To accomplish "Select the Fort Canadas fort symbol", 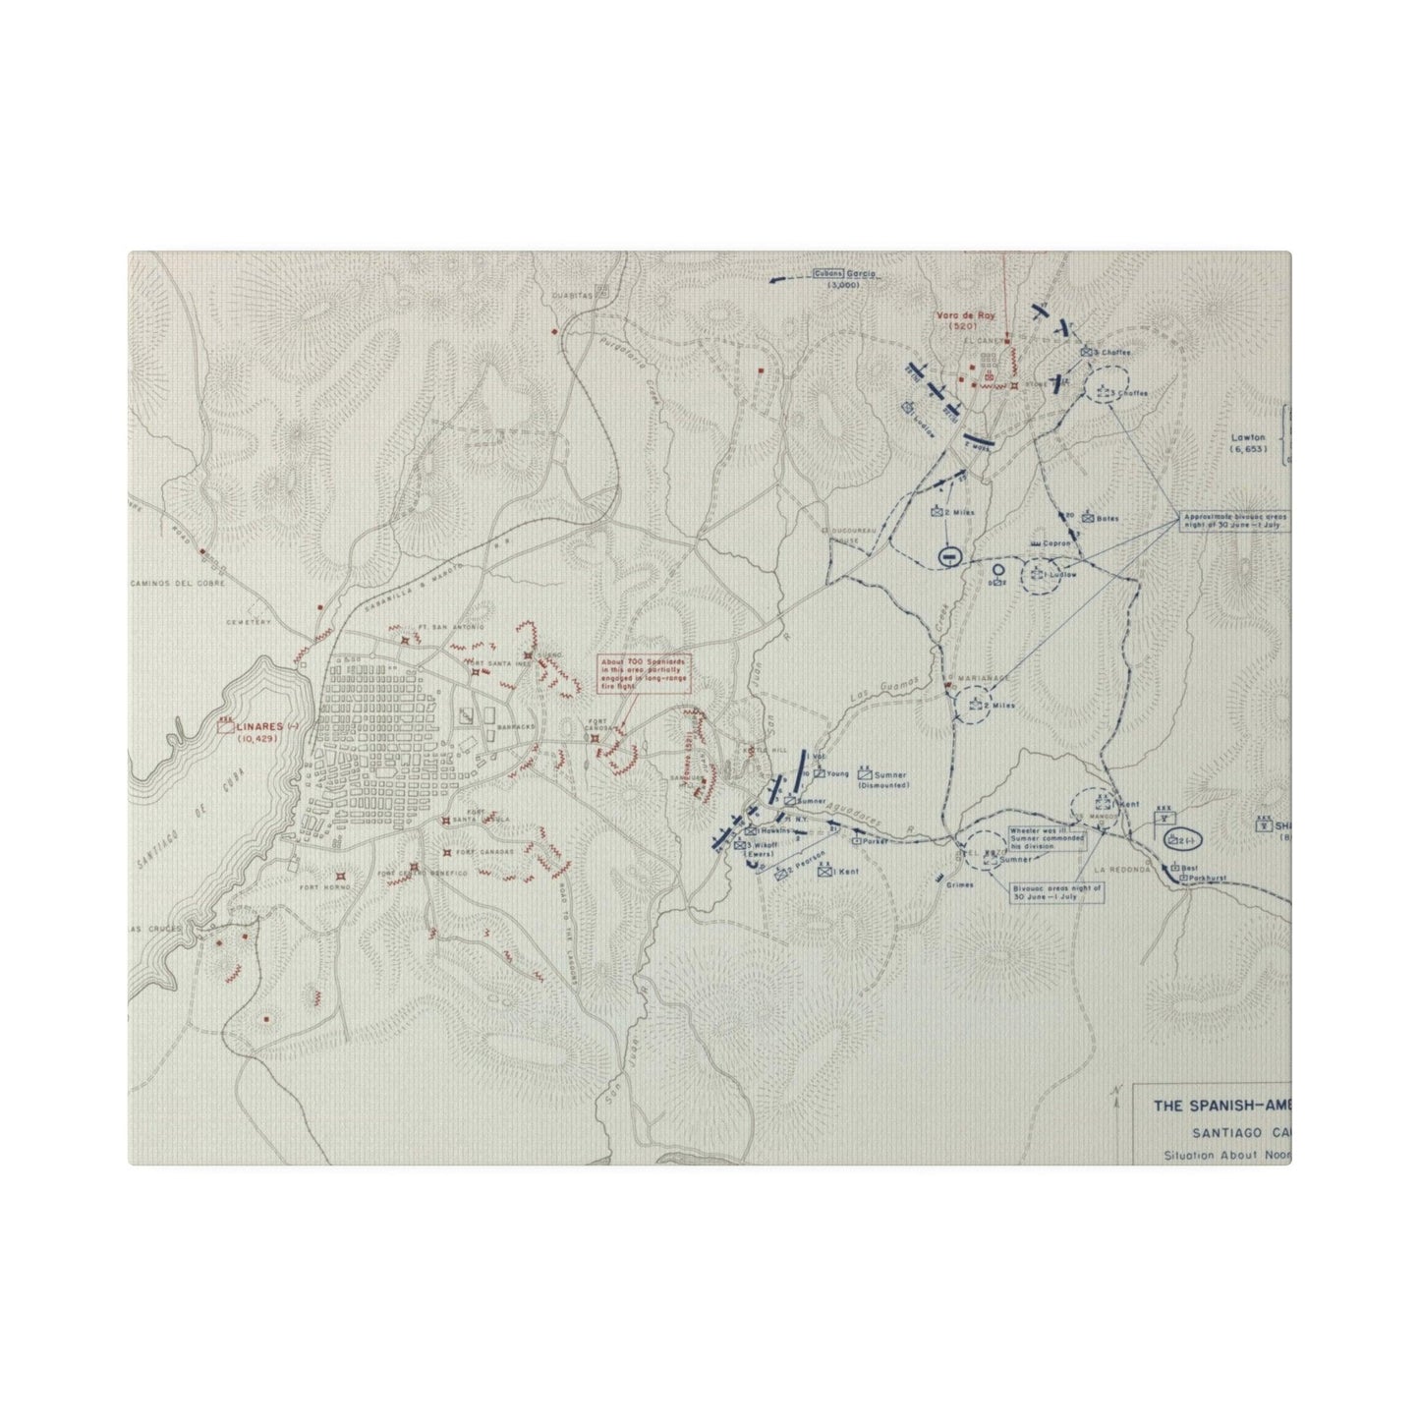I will [448, 851].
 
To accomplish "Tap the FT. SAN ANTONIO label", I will [439, 628].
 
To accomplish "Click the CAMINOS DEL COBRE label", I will [177, 583].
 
